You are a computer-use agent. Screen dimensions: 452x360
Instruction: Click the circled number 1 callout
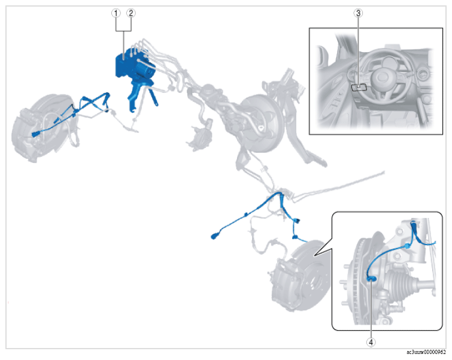116,13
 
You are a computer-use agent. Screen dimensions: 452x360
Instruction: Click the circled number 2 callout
131,13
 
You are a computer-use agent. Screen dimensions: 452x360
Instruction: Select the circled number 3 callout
359,13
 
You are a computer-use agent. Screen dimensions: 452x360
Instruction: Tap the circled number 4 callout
371,342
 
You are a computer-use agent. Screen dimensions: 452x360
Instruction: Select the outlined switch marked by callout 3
359,87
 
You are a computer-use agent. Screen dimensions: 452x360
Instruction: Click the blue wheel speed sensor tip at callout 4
371,279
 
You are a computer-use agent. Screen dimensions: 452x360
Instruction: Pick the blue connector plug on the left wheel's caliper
36,134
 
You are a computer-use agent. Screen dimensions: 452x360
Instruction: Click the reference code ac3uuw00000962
426,352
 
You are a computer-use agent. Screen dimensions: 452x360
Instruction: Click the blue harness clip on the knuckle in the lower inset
407,246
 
